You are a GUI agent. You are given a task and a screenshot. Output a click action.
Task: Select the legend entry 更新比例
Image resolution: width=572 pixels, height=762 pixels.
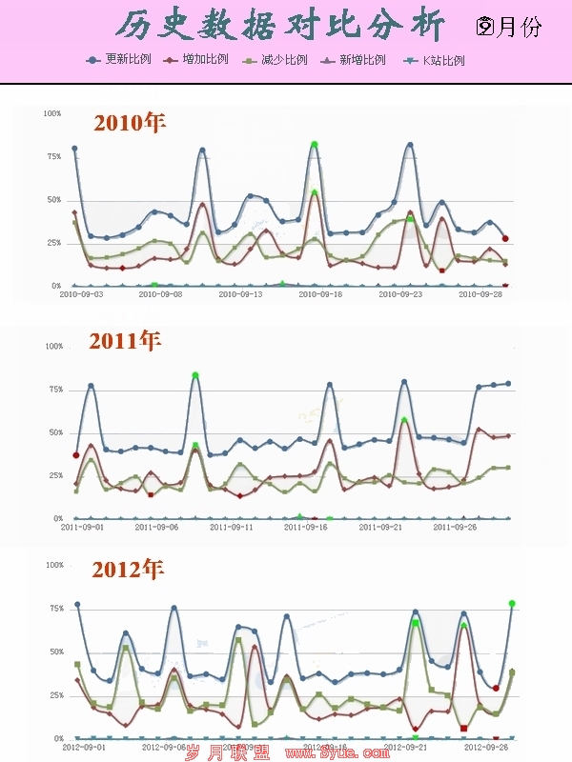[x=128, y=59]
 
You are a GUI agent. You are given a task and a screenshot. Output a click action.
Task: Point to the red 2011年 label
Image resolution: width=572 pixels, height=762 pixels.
[x=126, y=340]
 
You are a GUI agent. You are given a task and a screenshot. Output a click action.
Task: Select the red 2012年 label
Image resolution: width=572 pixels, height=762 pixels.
[x=128, y=569]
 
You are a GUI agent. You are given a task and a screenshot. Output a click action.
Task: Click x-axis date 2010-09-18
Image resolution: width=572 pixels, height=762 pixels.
[x=320, y=295]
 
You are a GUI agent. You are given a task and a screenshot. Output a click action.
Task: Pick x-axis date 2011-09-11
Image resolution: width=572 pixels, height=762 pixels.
[x=232, y=527]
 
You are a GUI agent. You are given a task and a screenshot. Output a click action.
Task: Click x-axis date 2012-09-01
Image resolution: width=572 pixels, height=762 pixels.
[x=85, y=748]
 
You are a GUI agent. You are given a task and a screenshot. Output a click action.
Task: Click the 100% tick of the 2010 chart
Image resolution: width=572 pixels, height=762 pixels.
[x=52, y=113]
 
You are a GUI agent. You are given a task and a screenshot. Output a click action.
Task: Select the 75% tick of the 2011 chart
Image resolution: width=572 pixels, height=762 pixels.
[x=54, y=390]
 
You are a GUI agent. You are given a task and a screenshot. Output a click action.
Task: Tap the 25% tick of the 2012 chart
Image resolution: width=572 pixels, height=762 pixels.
[x=54, y=696]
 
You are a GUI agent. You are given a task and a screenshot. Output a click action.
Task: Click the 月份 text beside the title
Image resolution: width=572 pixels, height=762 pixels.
[x=520, y=27]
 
